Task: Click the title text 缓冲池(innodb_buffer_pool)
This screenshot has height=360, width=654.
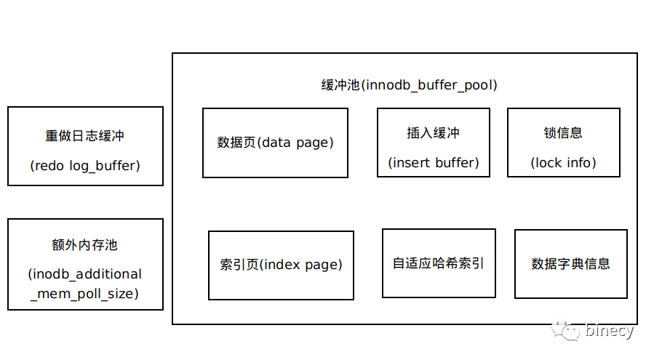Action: [x=409, y=85]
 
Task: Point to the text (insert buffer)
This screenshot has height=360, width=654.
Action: [x=434, y=163]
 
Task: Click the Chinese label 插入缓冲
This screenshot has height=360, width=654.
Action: [x=434, y=133]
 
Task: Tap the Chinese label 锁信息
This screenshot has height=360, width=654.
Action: [x=563, y=133]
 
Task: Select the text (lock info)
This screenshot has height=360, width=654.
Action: [x=563, y=163]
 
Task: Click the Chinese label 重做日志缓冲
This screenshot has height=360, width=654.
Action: [x=85, y=136]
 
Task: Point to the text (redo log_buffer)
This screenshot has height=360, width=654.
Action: [x=85, y=166]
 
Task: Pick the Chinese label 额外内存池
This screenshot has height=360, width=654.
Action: [x=85, y=245]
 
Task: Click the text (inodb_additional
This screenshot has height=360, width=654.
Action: [x=85, y=274]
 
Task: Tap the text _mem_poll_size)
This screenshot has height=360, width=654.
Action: [x=84, y=294]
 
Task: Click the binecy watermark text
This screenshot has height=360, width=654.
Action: [x=610, y=330]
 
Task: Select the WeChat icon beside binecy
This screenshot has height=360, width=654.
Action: [x=565, y=329]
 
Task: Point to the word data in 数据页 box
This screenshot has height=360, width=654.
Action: [x=276, y=143]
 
